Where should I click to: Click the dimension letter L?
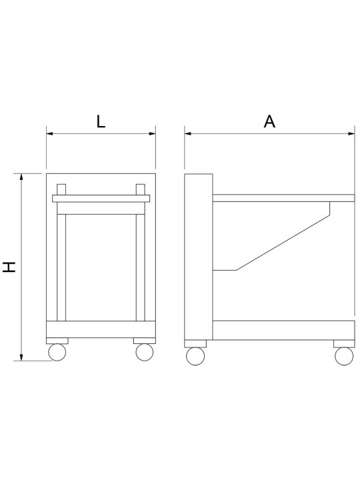[101, 121]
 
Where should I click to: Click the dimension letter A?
[269, 121]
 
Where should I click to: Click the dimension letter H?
[9, 267]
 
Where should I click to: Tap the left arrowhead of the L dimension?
[50, 134]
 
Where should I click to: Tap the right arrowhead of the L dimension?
[152, 134]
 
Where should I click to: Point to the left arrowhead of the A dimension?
[188, 134]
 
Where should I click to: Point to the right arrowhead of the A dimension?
[351, 134]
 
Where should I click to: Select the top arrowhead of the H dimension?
[21, 177]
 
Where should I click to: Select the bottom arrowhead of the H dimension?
[21, 357]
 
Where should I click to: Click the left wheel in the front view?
[57, 352]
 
